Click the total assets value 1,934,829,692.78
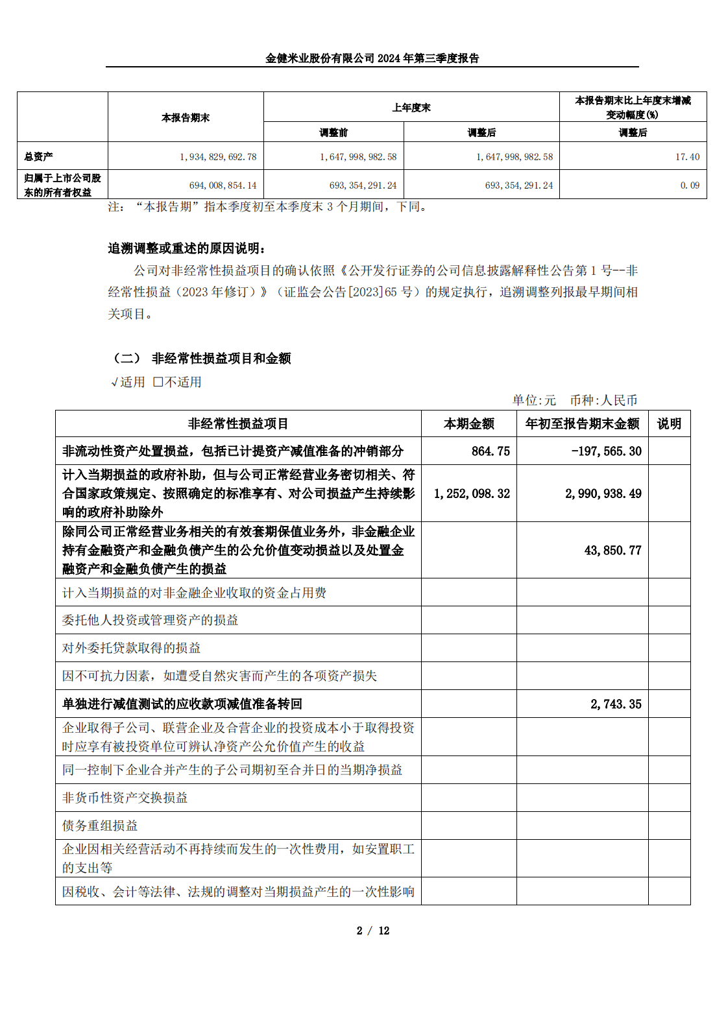pyautogui.click(x=218, y=157)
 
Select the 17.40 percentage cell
pyautogui.click(x=687, y=157)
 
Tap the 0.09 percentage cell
pyautogui.click(x=690, y=185)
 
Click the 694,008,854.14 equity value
pyautogui.click(x=223, y=185)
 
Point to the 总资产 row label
pyautogui.click(x=39, y=157)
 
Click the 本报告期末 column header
pyautogui.click(x=186, y=118)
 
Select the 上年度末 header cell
pyautogui.click(x=411, y=108)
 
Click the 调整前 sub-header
pyautogui.click(x=333, y=133)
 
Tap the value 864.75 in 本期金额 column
pyautogui.click(x=490, y=451)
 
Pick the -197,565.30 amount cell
pyautogui.click(x=606, y=451)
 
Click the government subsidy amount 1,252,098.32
pyautogui.click(x=472, y=494)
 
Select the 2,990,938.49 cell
pyautogui.click(x=603, y=494)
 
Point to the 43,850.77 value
pyautogui.click(x=612, y=551)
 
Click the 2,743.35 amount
pyautogui.click(x=616, y=704)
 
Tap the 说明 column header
pyautogui.click(x=669, y=424)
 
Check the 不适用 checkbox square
pyautogui.click(x=158, y=383)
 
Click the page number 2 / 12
pyautogui.click(x=372, y=931)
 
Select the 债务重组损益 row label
pyautogui.click(x=100, y=826)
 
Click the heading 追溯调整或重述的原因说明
pyautogui.click(x=187, y=248)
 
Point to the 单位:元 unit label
pyautogui.click(x=534, y=401)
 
